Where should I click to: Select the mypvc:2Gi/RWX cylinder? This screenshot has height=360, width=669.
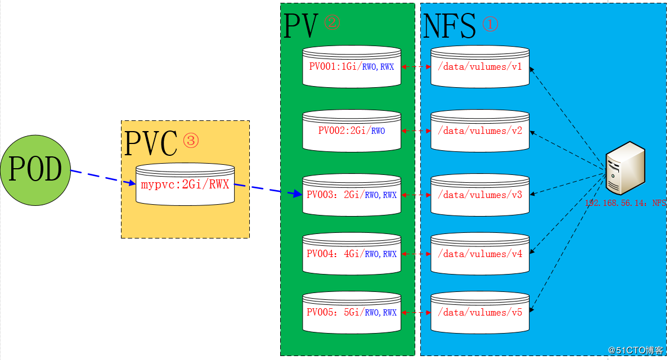click(x=185, y=184)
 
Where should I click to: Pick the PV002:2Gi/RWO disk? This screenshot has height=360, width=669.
click(x=352, y=131)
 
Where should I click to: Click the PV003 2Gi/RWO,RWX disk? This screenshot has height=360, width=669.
click(x=352, y=195)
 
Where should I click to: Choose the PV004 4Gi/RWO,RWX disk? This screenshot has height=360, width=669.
click(x=352, y=254)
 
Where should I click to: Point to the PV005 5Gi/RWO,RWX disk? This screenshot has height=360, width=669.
click(x=352, y=312)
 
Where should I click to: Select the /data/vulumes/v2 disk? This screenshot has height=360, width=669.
click(x=480, y=131)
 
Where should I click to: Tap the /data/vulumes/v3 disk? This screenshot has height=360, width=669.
click(x=480, y=195)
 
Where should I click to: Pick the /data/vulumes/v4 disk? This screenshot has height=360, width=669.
click(x=480, y=254)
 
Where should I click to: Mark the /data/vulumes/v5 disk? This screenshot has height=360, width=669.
click(x=480, y=312)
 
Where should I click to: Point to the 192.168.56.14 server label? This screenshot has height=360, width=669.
click(x=625, y=204)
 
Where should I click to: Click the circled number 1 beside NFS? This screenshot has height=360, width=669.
click(x=490, y=24)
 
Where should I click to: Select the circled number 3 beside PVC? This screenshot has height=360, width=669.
click(x=190, y=140)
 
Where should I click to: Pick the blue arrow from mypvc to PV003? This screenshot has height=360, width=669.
click(x=268, y=190)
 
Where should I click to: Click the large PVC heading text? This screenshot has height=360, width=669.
click(x=151, y=143)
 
